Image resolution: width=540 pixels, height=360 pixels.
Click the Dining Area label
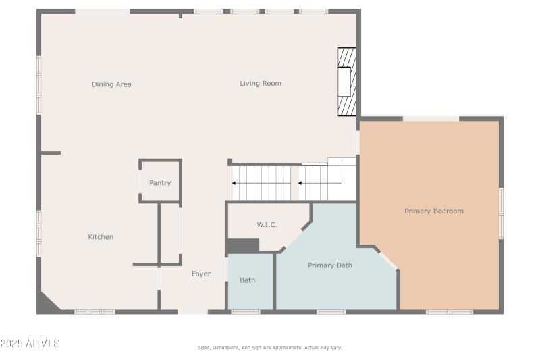(111, 84)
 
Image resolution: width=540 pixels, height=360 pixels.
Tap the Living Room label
(261, 83)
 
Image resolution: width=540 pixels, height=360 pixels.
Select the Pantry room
(160, 182)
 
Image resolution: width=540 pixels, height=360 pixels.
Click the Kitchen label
(101, 237)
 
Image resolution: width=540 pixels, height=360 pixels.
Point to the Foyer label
(201, 274)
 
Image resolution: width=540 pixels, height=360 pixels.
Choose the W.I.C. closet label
(267, 224)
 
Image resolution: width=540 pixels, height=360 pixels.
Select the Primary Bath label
(330, 265)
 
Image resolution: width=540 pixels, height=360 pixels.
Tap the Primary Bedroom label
(434, 211)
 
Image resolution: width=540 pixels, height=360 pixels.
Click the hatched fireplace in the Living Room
(347, 82)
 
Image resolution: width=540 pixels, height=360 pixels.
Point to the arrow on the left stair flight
(234, 183)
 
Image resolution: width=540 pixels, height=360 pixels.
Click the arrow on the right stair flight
(300, 183)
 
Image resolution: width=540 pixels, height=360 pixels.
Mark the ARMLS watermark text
(30, 344)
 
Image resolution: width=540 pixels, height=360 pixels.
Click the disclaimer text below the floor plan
(269, 347)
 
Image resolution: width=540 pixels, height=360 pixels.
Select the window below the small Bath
(245, 312)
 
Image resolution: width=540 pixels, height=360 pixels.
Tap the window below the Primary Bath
(331, 312)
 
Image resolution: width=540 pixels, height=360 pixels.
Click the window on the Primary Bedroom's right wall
(501, 213)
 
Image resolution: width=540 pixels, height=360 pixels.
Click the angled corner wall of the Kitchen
(48, 301)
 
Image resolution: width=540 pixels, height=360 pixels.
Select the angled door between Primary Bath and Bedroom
(387, 260)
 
